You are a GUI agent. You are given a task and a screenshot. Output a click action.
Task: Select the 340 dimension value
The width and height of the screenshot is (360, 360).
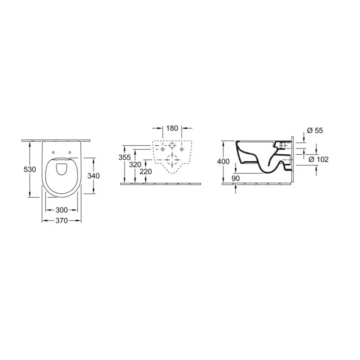93,175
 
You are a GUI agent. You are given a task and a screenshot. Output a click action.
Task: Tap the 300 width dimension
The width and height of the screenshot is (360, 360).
62,210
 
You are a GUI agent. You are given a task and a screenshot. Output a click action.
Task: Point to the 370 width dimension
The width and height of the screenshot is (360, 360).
61,221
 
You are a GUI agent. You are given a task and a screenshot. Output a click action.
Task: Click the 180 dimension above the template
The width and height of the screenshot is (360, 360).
172,128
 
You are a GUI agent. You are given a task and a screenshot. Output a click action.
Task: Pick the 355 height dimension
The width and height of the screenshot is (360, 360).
124,158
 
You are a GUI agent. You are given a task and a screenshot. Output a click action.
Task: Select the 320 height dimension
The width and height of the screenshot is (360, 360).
135,164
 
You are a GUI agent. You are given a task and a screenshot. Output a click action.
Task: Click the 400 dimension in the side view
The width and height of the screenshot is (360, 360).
223,161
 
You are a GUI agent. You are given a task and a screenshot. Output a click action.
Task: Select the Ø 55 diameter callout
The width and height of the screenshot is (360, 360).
316,131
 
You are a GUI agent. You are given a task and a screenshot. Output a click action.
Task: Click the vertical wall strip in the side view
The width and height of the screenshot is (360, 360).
293,160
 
